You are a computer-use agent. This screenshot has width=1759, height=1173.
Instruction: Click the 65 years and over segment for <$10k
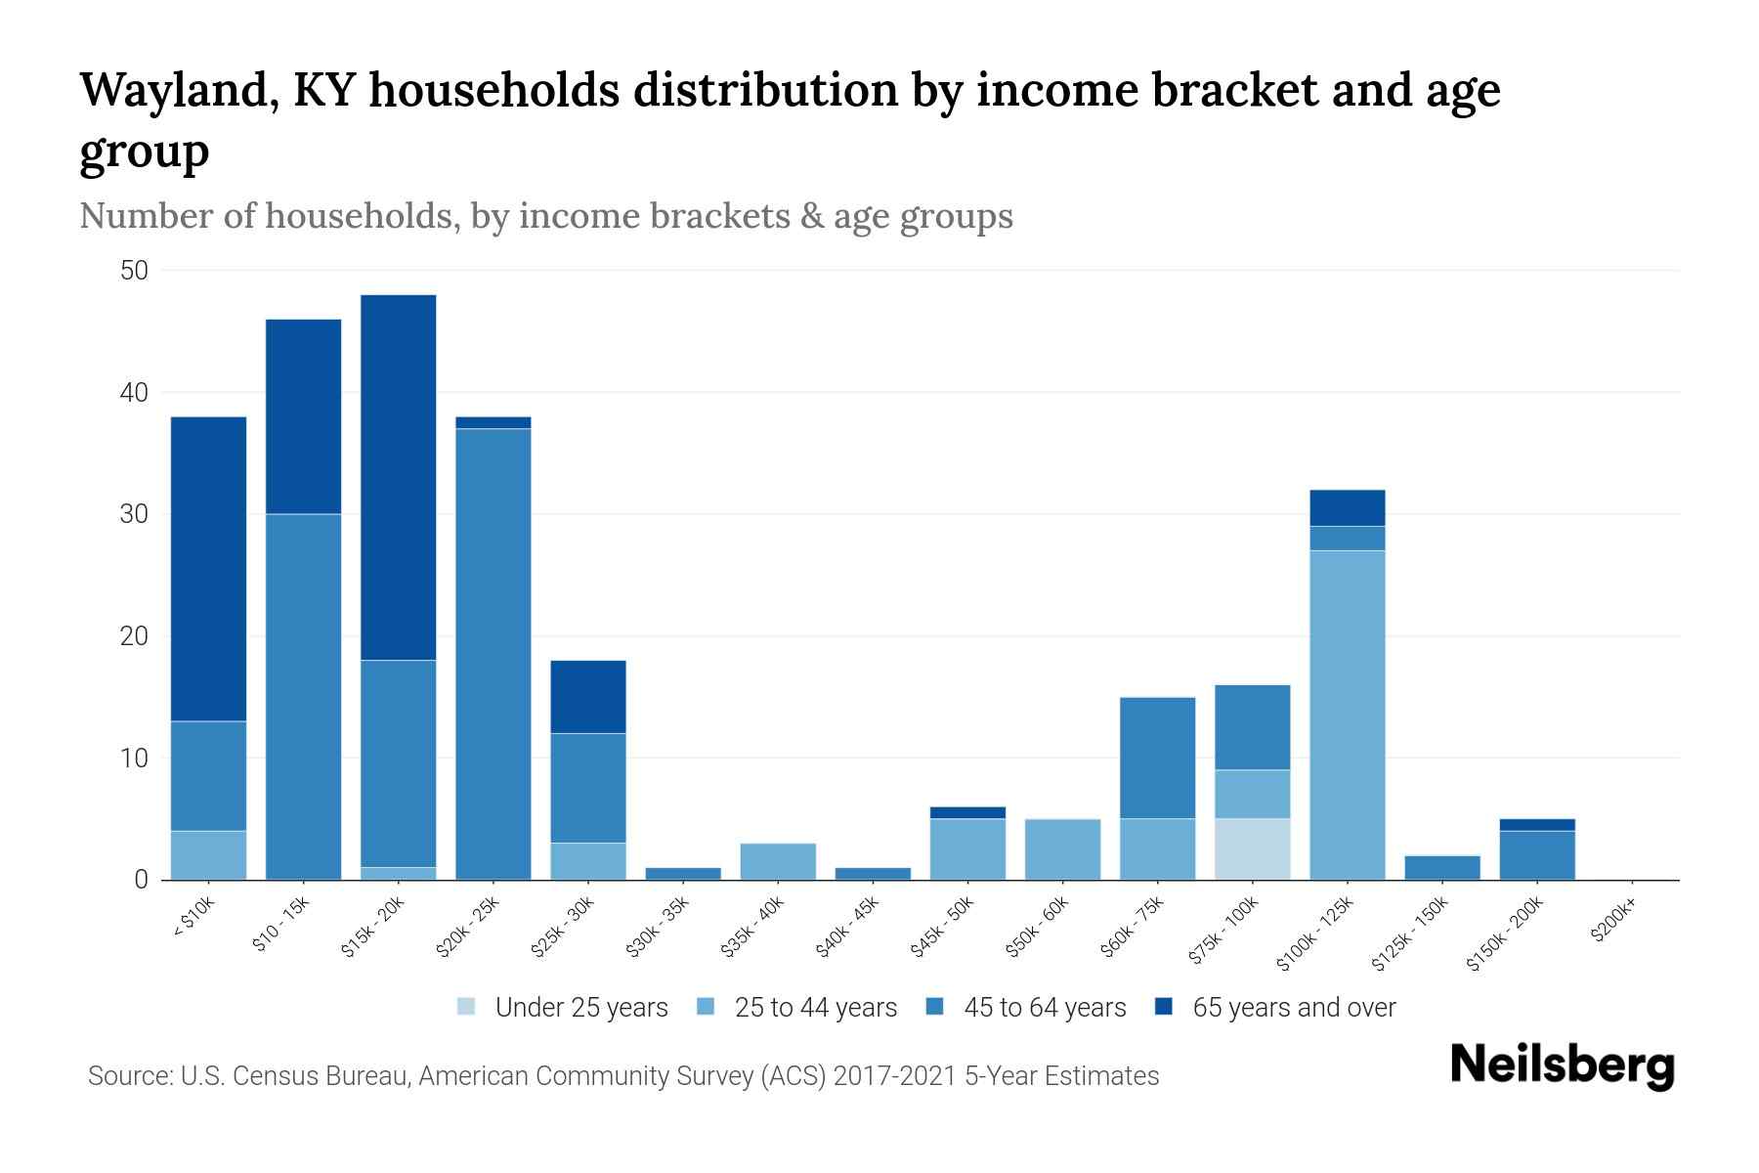pyautogui.click(x=208, y=569)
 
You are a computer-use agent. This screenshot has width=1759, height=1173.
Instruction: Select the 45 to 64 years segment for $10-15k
pyautogui.click(x=304, y=696)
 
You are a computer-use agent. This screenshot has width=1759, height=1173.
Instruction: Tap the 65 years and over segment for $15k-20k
pyautogui.click(x=399, y=477)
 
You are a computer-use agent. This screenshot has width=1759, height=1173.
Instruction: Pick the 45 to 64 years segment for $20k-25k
pyautogui.click(x=493, y=653)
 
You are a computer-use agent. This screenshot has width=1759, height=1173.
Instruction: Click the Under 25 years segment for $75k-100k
pyautogui.click(x=1253, y=848)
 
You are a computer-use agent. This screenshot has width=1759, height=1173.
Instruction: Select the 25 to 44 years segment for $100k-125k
pyautogui.click(x=1348, y=715)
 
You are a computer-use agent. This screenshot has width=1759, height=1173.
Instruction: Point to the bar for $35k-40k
pyautogui.click(x=778, y=861)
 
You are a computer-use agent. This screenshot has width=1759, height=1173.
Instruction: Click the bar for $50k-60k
pyautogui.click(x=1063, y=848)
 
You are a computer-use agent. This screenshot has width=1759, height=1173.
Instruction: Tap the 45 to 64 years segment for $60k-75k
pyautogui.click(x=1158, y=758)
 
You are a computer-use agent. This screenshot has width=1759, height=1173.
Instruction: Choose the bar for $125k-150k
pyautogui.click(x=1442, y=867)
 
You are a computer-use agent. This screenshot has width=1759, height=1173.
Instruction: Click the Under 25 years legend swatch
pyautogui.click(x=467, y=1007)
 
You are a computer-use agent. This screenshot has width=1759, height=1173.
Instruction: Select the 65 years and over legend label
pyautogui.click(x=1294, y=1008)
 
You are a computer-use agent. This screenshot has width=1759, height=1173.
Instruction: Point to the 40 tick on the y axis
pyautogui.click(x=134, y=393)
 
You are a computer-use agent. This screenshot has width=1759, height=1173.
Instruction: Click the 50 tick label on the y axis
pyautogui.click(x=134, y=271)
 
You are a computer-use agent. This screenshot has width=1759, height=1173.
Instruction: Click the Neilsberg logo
pyautogui.click(x=1562, y=1065)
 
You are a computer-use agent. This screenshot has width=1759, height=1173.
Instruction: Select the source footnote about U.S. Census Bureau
pyautogui.click(x=623, y=1076)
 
